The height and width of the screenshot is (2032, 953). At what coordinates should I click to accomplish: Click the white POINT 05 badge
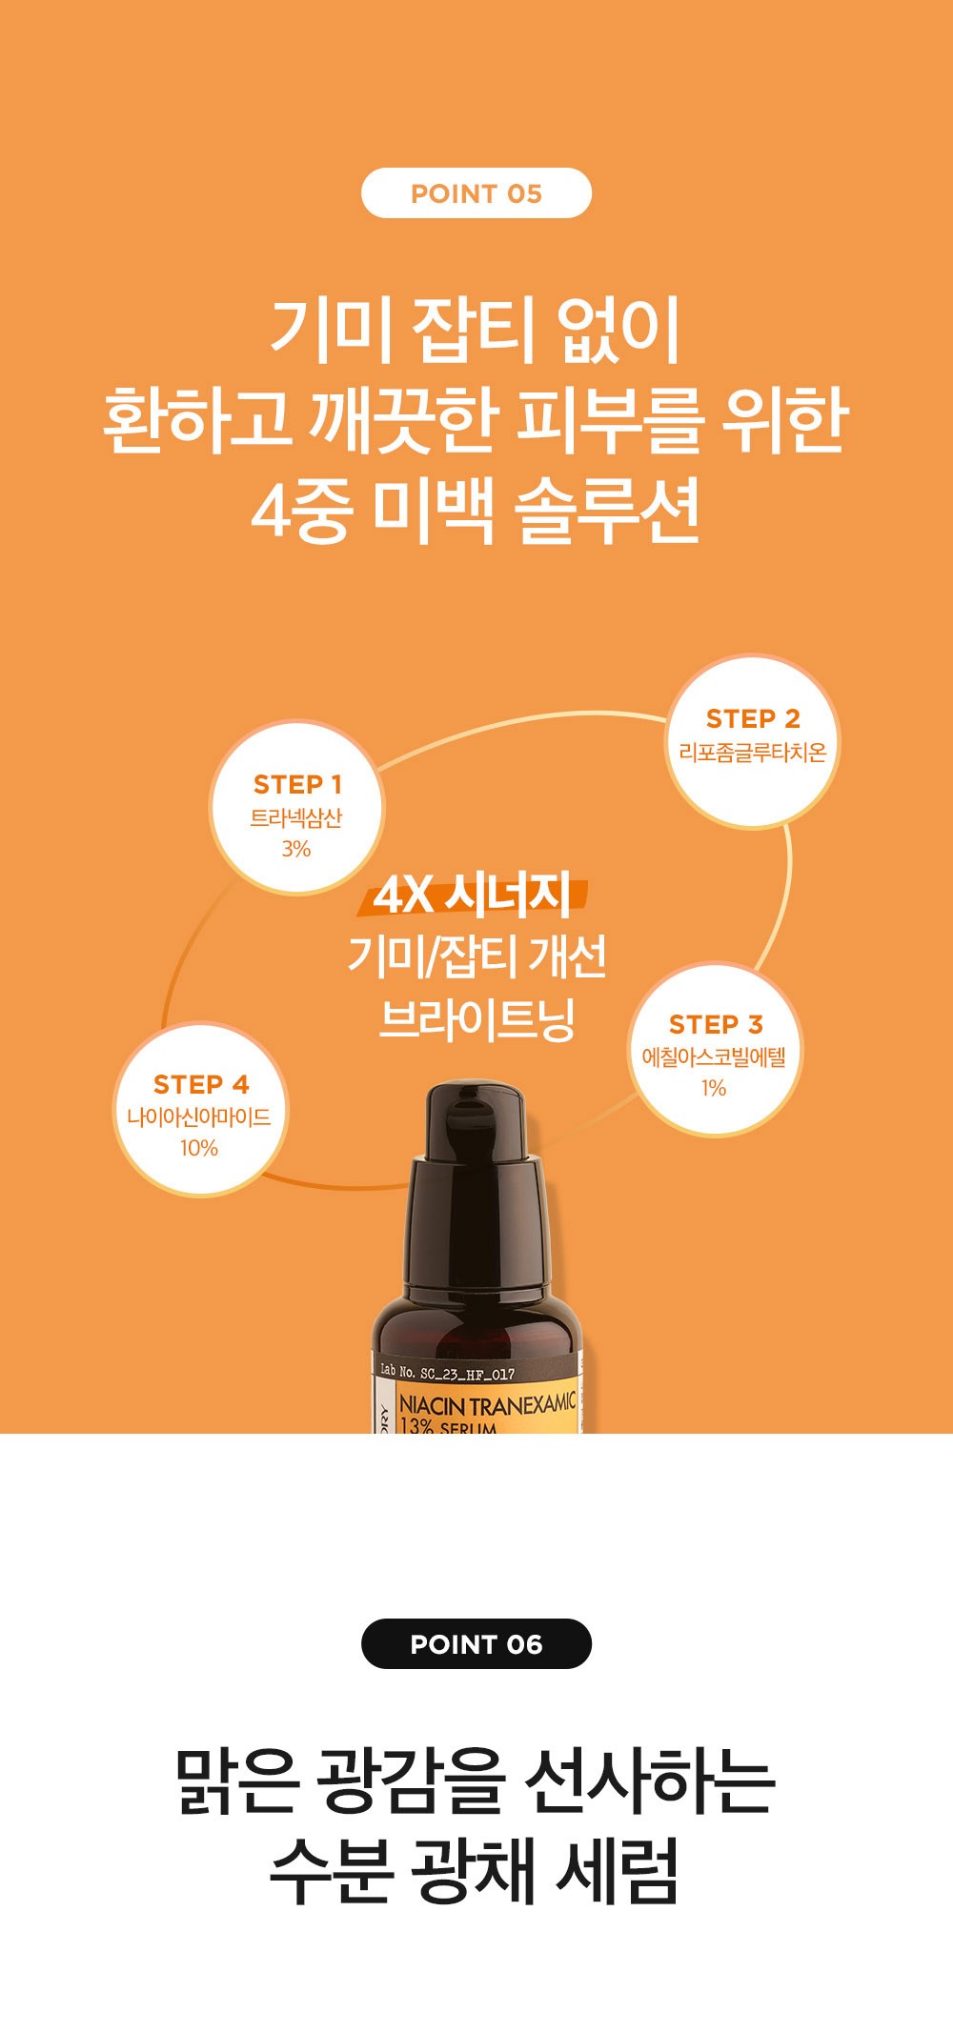(x=476, y=193)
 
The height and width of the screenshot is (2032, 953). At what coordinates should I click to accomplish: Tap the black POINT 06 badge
(x=476, y=1643)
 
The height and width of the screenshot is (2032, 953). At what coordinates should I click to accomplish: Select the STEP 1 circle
(x=296, y=808)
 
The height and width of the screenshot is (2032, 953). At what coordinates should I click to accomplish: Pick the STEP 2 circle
(x=752, y=741)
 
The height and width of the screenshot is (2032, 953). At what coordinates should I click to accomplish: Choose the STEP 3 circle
(x=715, y=1049)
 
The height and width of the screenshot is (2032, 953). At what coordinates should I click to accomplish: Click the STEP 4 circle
(x=200, y=1109)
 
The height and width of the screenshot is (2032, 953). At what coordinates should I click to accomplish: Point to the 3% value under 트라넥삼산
(x=296, y=849)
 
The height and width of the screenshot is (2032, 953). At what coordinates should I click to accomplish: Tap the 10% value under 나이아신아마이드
(x=199, y=1148)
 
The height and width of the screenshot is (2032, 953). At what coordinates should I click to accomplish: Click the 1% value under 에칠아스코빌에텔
(x=714, y=1088)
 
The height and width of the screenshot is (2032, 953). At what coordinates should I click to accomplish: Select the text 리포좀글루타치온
(x=752, y=753)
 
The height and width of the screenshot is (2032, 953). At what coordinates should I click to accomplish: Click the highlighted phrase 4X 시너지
(x=473, y=895)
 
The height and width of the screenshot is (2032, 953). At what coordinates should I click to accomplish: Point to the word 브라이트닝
(x=476, y=1018)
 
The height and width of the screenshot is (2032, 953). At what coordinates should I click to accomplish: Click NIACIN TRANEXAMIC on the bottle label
(x=487, y=1403)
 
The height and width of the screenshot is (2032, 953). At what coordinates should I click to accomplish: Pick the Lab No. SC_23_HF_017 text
(x=447, y=1373)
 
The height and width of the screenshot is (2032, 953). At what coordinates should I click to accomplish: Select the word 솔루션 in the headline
(x=608, y=511)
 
